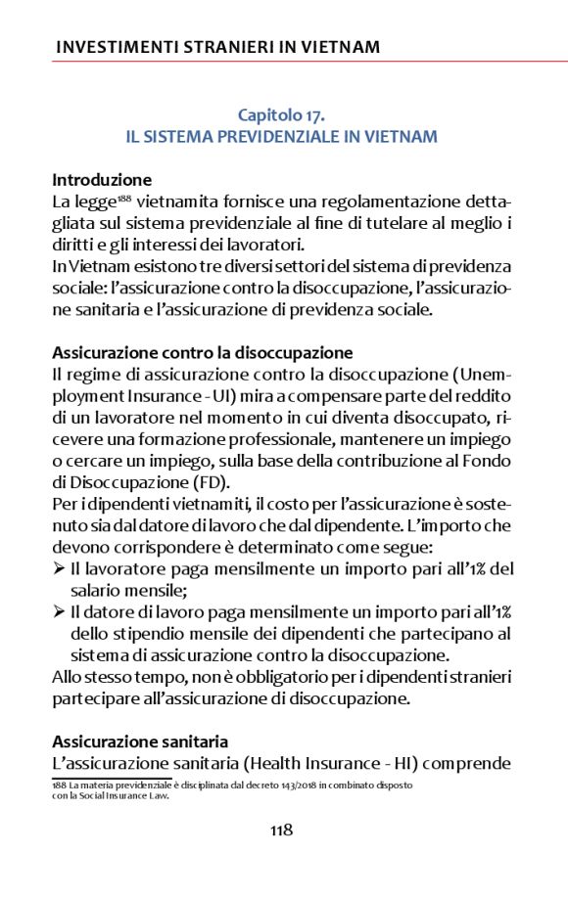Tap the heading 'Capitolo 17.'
coord(281,115)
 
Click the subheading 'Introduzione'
coord(102,180)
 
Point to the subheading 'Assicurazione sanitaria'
coord(139,742)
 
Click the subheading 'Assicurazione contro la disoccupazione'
coord(203,352)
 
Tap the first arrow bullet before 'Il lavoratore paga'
coord(59,569)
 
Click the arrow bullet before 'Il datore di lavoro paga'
coord(59,612)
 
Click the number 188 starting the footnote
coord(60,785)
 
